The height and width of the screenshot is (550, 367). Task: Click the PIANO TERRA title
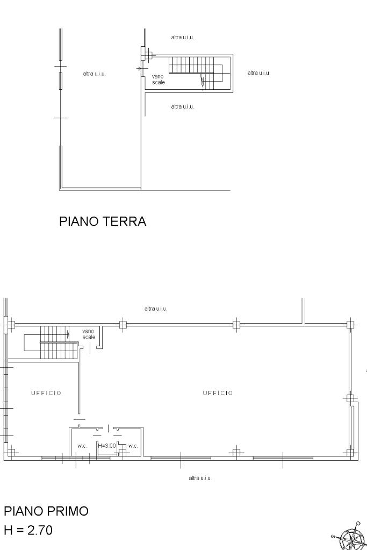tap(102, 222)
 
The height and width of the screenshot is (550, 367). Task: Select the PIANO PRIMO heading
tap(46, 511)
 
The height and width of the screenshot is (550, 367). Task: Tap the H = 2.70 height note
tap(28, 530)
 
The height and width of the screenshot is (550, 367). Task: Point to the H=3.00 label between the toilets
tap(107, 446)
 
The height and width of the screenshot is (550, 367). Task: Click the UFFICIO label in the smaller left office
tap(46, 393)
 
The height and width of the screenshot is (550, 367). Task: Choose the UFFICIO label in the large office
tap(218, 393)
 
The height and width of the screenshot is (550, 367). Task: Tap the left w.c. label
tap(82, 446)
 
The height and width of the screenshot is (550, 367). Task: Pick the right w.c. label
tap(133, 446)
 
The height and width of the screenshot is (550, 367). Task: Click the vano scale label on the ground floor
tap(158, 79)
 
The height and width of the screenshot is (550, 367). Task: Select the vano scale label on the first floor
tap(89, 334)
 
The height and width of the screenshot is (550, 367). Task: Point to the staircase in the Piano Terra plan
tap(198, 73)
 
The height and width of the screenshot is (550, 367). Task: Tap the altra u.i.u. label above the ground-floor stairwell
tap(182, 37)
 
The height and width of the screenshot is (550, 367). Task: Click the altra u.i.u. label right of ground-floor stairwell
tap(258, 73)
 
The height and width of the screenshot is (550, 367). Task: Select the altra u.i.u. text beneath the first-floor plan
tap(200, 478)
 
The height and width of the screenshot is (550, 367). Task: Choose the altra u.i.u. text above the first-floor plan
tap(156, 309)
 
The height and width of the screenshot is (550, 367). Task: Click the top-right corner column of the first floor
tap(350, 324)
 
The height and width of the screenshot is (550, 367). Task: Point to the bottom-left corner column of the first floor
tap(11, 452)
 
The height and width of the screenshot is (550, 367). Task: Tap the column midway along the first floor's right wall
tap(350, 398)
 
